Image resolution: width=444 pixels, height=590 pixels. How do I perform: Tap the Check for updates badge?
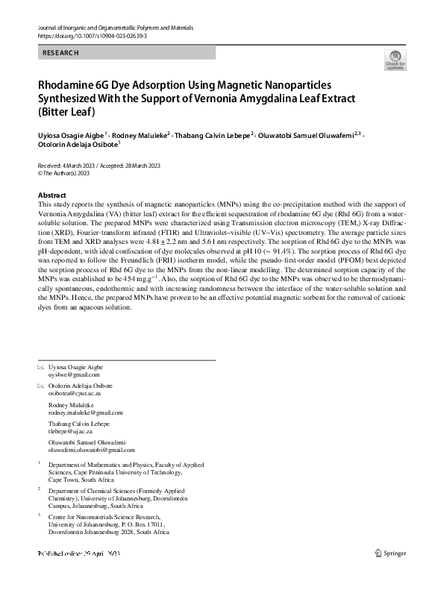coord(394,60)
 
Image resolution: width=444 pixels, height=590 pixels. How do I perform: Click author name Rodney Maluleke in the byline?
coord(142,135)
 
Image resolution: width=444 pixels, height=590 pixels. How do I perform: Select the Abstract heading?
coord(51,195)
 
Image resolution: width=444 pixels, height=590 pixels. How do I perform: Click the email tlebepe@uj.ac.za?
coord(70,431)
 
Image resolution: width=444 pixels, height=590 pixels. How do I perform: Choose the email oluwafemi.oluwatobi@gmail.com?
coord(91,451)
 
